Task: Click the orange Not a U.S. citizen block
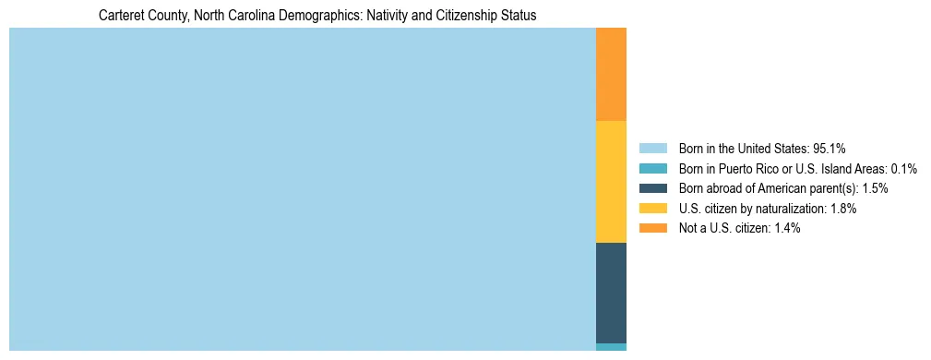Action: click(611, 74)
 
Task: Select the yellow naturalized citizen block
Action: click(611, 181)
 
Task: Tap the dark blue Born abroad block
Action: click(611, 293)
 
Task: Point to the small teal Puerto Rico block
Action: click(611, 347)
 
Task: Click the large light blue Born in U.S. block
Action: click(303, 189)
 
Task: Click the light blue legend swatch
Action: click(653, 148)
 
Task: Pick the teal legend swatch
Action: click(653, 168)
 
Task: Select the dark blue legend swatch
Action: click(653, 188)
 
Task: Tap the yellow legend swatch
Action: click(653, 209)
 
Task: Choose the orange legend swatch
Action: click(653, 229)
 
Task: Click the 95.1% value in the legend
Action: click(830, 148)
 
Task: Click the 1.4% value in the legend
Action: click(785, 229)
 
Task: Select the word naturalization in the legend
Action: click(786, 209)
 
